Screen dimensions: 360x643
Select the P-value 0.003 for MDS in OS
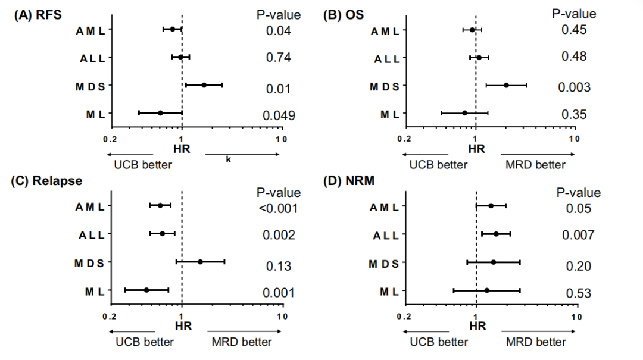point(574,87)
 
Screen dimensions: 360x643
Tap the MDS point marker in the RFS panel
point(204,85)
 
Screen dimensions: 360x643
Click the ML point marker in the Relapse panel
point(146,290)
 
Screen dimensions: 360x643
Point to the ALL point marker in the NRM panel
point(496,234)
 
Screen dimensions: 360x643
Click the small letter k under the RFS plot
point(228,159)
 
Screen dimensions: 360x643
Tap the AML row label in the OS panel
point(384,31)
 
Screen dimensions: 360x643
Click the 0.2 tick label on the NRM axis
point(405,317)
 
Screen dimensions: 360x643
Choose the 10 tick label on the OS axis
point(574,139)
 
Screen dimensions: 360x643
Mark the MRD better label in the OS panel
point(535,165)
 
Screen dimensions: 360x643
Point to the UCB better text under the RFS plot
point(143,165)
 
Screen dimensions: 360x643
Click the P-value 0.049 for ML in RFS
point(279,115)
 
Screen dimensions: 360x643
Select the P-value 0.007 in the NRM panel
point(578,235)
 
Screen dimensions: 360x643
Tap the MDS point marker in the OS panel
point(506,86)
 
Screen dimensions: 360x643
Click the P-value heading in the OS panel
point(574,14)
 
